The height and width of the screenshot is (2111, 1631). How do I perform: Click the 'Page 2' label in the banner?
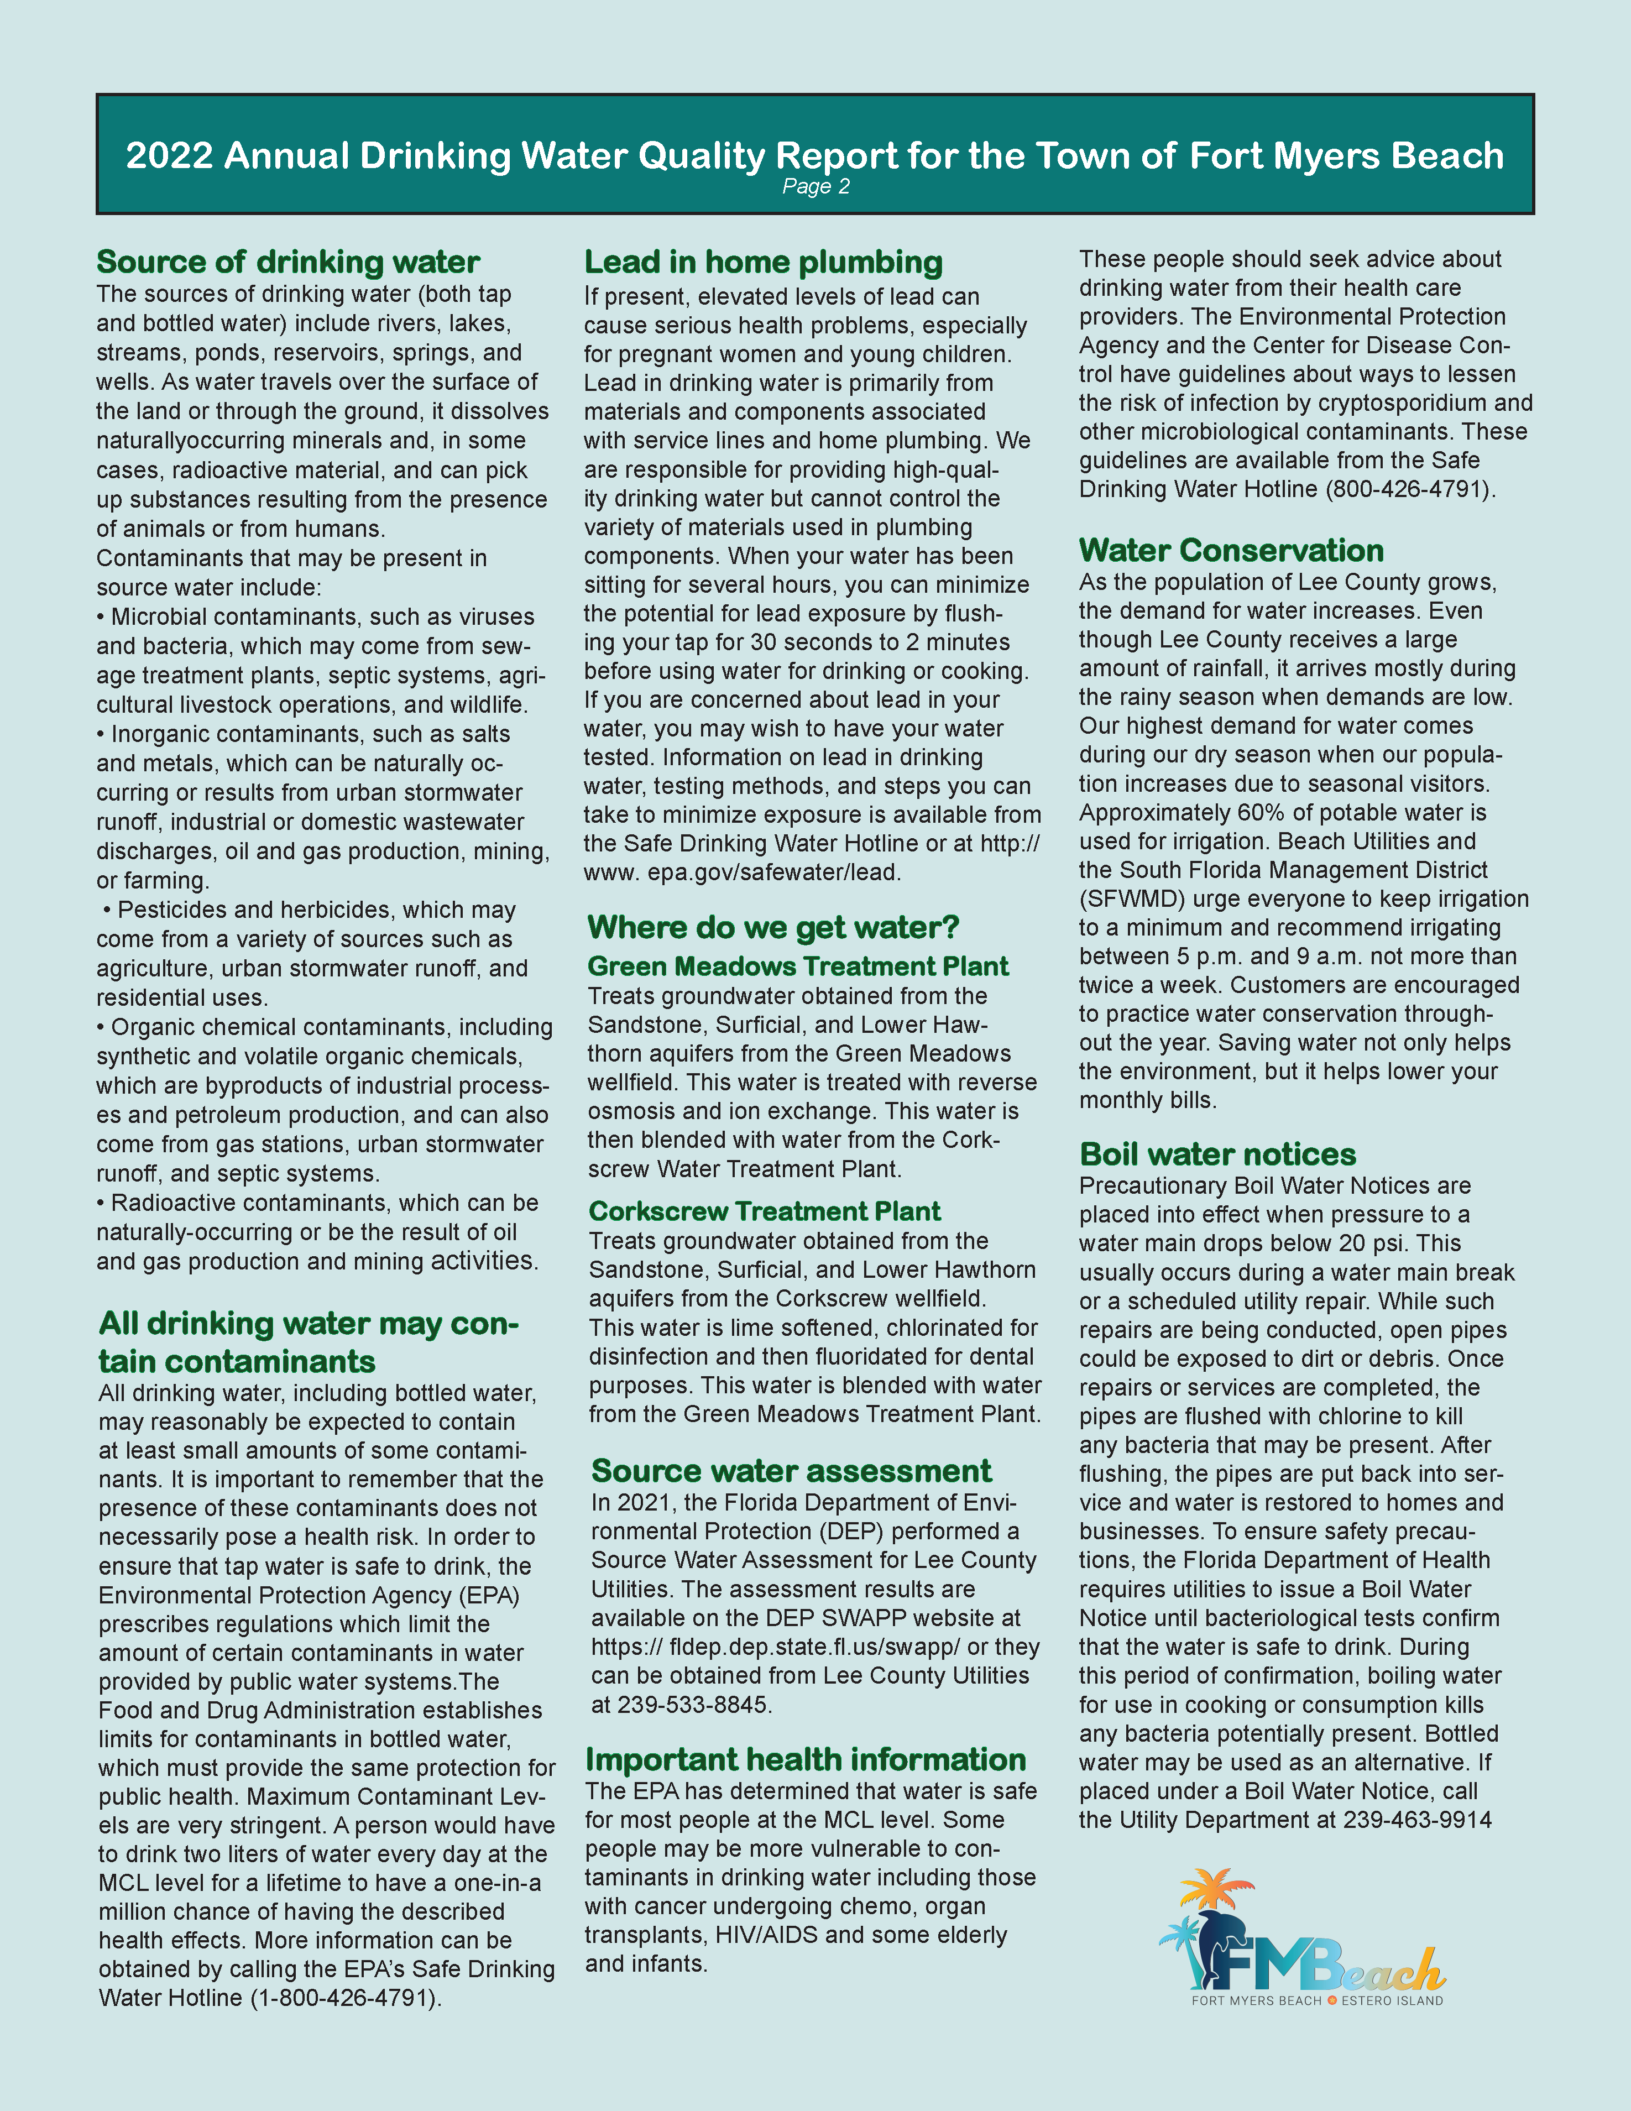coord(815,186)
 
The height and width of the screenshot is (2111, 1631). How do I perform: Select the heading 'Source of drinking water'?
coord(288,262)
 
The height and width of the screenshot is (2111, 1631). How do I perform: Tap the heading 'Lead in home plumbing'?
coord(763,262)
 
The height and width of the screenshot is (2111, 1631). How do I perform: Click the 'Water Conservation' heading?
coord(1231,550)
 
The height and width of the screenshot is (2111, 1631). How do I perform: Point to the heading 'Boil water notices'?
coord(1217,1154)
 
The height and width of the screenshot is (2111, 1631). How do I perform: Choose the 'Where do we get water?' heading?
coord(772,927)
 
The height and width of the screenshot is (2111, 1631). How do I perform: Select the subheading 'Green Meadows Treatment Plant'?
coord(798,966)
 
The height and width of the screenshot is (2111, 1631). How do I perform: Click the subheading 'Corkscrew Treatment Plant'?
coord(764,1211)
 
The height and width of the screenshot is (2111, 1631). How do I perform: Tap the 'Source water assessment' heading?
coord(791,1470)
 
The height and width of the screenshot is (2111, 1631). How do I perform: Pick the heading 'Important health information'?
coord(806,1759)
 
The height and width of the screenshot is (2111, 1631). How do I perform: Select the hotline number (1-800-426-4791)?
coord(345,1998)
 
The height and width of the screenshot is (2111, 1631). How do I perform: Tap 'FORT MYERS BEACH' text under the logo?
coord(1256,2001)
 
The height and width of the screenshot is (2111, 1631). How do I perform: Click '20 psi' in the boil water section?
coord(1377,1243)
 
